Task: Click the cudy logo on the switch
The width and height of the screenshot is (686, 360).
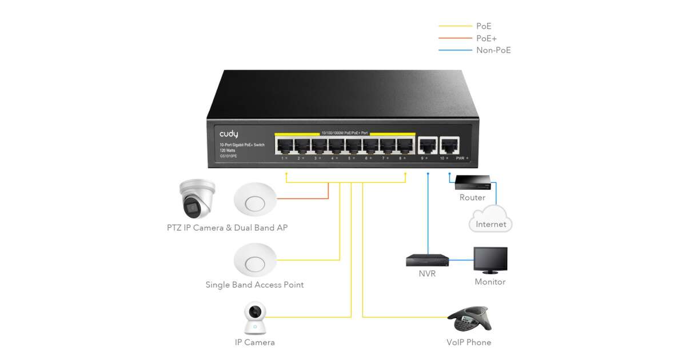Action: point(229,134)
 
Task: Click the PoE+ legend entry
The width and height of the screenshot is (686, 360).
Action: point(486,38)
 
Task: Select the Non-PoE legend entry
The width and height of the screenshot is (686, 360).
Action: point(493,50)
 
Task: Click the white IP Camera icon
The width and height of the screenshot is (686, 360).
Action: point(256,318)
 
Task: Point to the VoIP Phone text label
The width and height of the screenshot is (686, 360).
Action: point(469,342)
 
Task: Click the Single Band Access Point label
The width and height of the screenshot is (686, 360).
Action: point(254,285)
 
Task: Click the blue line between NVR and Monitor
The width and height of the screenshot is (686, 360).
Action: point(461,261)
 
